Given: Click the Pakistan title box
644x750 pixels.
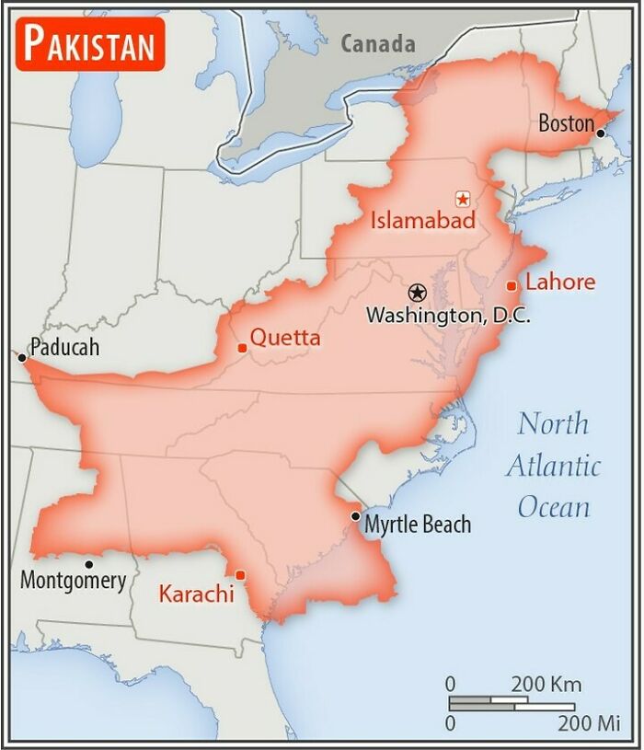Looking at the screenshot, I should (90, 43).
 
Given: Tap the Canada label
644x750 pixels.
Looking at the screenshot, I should (377, 43).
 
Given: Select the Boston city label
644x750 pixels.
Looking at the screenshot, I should (566, 122).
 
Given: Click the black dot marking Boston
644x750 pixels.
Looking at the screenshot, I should (601, 133).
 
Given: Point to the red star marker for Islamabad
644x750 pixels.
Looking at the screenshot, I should (462, 198).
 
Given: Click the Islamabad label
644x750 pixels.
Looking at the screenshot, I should (423, 221).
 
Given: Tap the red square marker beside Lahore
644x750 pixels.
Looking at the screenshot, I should (512, 286).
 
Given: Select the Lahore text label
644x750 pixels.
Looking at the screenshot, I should (560, 282).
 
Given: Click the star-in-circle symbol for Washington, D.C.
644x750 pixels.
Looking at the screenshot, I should (418, 293).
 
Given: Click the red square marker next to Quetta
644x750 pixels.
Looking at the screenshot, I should (242, 348).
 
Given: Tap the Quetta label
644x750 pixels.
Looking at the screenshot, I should (285, 338).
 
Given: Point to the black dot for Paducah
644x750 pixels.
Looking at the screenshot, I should (21, 356).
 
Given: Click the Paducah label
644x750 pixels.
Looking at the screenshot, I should (63, 348).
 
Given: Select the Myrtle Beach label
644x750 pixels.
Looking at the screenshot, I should (418, 525).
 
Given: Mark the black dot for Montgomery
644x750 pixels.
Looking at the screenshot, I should (89, 564).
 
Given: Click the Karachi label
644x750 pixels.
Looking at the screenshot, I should (196, 594).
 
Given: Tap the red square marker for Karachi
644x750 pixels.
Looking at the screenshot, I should (240, 575).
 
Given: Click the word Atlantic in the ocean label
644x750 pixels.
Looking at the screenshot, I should (553, 466).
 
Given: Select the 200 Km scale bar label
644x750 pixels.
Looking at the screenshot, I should (546, 685).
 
